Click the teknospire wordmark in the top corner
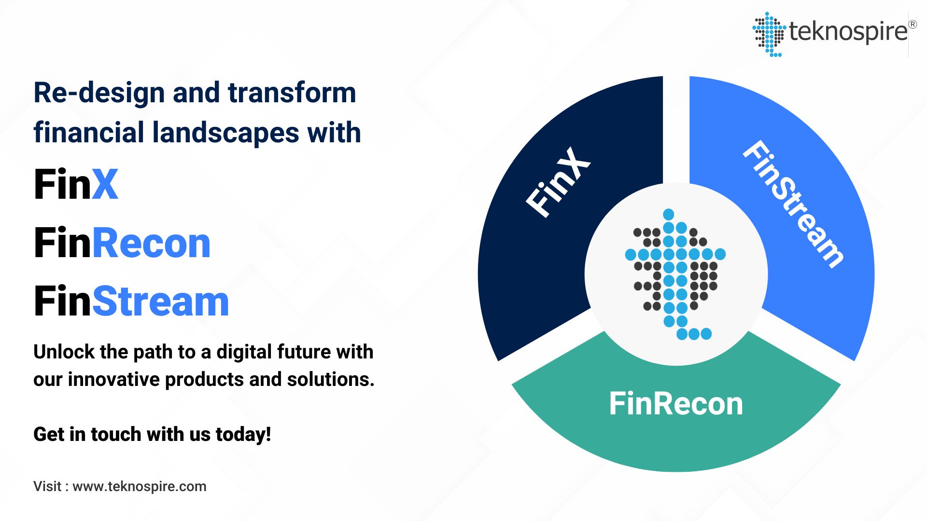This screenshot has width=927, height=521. (848, 32)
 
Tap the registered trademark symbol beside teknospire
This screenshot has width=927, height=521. (912, 24)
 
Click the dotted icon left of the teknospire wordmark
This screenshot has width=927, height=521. (769, 34)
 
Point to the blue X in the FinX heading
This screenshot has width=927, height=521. (105, 184)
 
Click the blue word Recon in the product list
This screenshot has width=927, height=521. (151, 243)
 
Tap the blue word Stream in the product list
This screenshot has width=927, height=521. (160, 302)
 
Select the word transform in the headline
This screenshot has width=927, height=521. (292, 93)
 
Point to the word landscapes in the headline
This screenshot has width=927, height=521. (226, 133)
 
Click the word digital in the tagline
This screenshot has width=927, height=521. (240, 352)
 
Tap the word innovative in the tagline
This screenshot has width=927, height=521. (113, 380)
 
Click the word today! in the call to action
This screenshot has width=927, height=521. (243, 434)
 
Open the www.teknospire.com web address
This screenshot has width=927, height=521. (140, 486)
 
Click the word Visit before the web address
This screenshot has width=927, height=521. (47, 486)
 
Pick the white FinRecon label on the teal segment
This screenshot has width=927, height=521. (676, 404)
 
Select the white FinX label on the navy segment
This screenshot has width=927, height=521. (558, 182)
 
